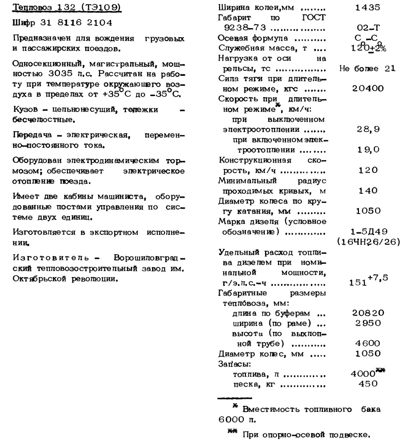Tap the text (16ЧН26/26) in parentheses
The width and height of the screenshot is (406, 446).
[x=368, y=241]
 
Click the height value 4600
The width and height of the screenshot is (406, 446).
[x=368, y=343]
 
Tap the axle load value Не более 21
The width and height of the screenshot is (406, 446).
[x=367, y=68]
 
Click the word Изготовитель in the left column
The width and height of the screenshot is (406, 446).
[x=55, y=259]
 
